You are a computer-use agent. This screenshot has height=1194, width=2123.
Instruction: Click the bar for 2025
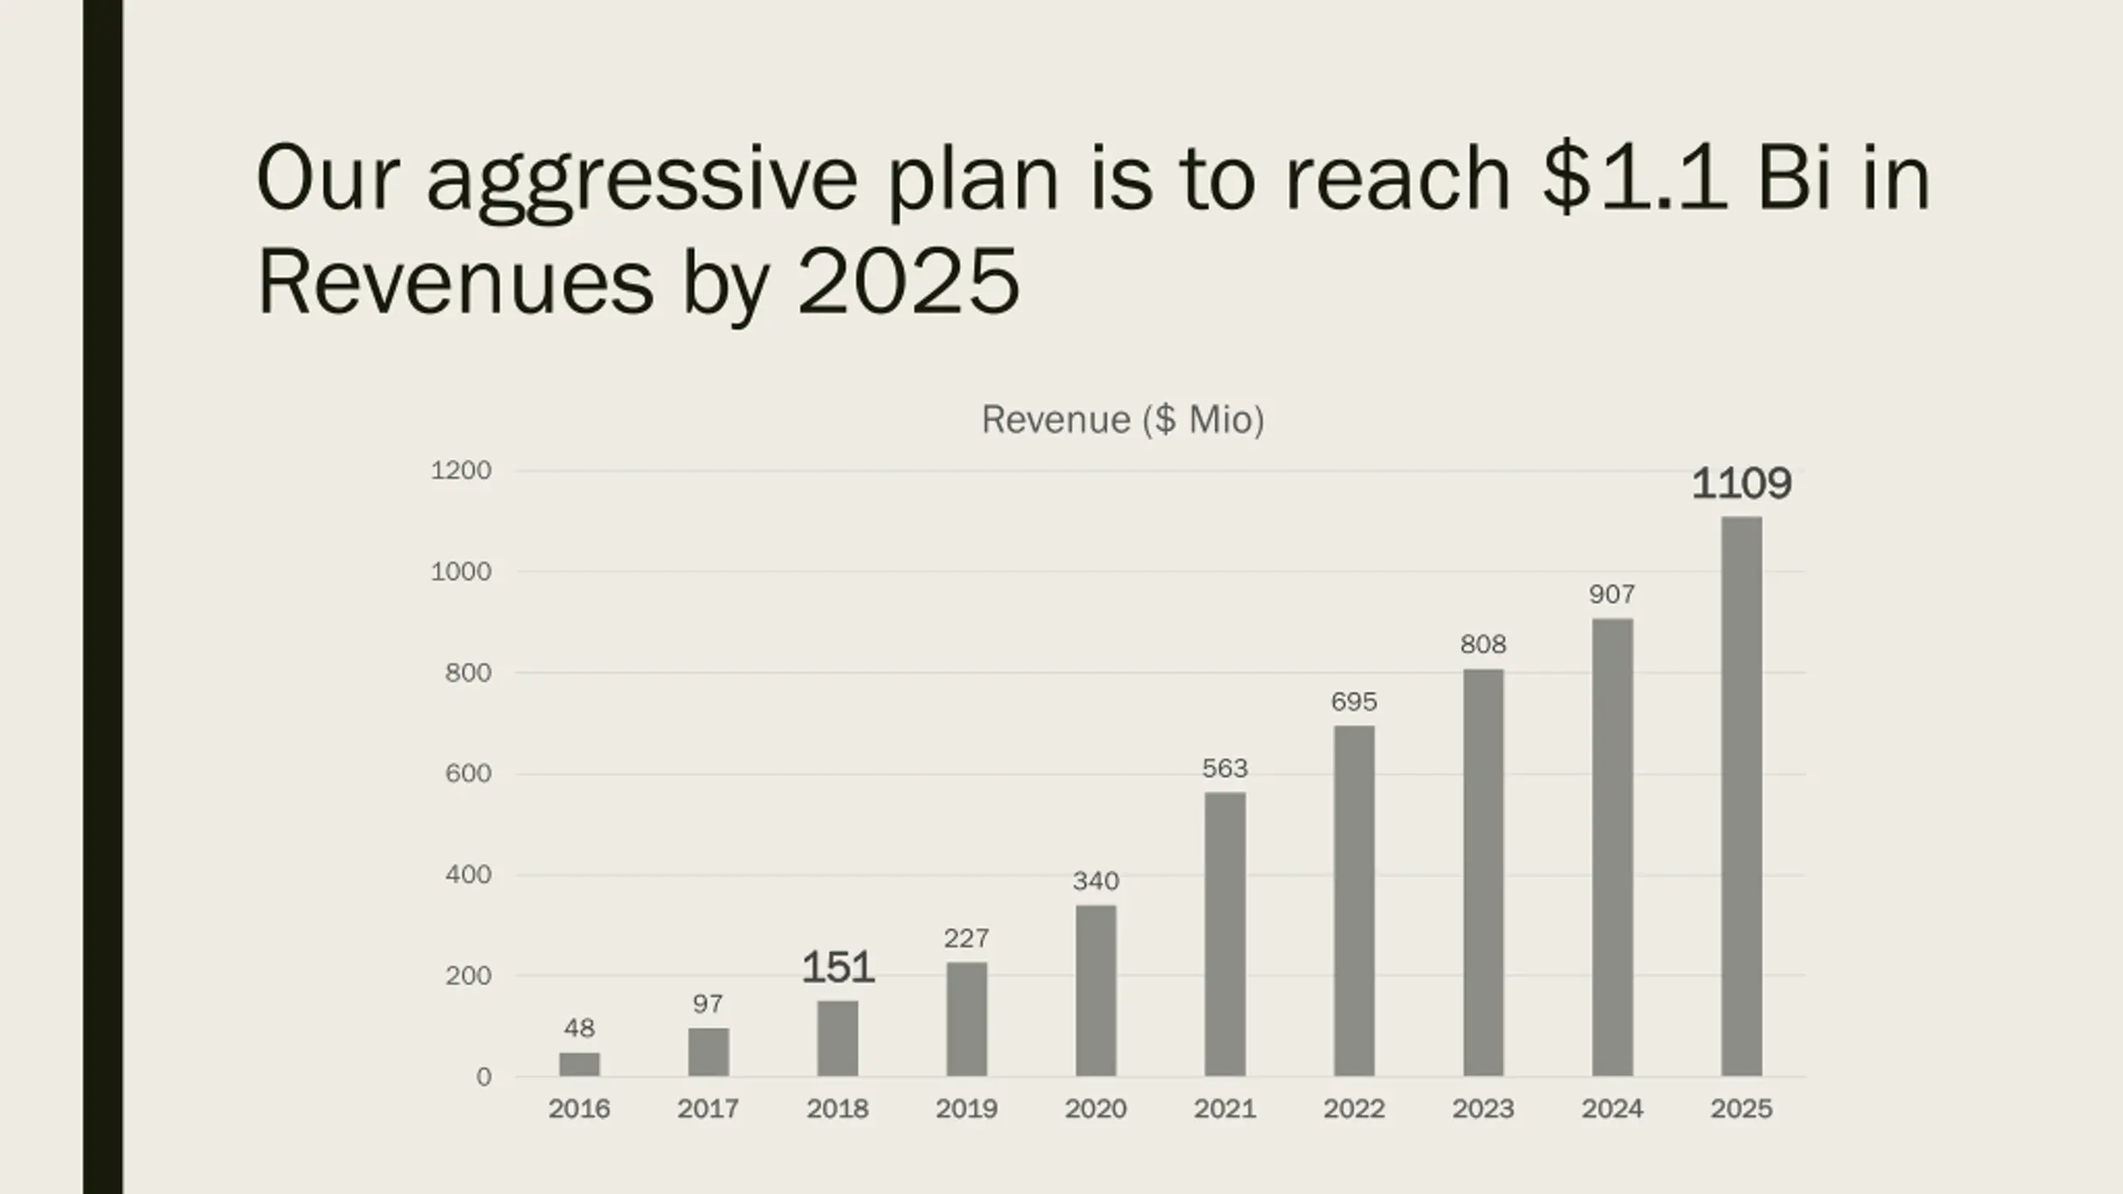pyautogui.click(x=1741, y=796)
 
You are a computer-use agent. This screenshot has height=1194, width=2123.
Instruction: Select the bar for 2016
pyautogui.click(x=579, y=1065)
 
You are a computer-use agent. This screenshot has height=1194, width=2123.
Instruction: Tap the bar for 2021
pyautogui.click(x=1224, y=934)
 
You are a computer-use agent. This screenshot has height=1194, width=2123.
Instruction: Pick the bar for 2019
pyautogui.click(x=966, y=1019)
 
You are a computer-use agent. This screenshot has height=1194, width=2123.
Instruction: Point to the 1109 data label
pyautogui.click(x=1741, y=483)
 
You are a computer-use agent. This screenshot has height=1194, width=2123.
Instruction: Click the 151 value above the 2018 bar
pyautogui.click(x=838, y=968)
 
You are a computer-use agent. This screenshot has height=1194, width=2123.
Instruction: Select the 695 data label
pyautogui.click(x=1353, y=702)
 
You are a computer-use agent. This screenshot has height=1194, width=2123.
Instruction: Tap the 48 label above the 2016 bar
pyautogui.click(x=579, y=1028)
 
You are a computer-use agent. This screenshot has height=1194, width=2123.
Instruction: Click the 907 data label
pyautogui.click(x=1611, y=594)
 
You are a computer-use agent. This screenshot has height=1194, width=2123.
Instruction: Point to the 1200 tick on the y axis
pyautogui.click(x=461, y=471)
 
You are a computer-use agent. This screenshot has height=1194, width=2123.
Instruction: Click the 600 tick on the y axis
pyautogui.click(x=469, y=774)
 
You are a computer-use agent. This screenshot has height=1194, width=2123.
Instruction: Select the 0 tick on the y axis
pyautogui.click(x=483, y=1077)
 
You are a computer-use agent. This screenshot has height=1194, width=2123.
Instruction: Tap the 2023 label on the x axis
pyautogui.click(x=1483, y=1109)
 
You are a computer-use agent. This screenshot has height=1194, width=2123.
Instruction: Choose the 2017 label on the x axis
pyautogui.click(x=707, y=1109)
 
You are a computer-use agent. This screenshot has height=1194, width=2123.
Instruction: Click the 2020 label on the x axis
pyautogui.click(x=1096, y=1109)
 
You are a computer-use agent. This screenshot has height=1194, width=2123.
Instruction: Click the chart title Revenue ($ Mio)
pyautogui.click(x=1123, y=420)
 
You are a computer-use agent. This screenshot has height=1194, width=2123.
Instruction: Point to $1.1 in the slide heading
pyautogui.click(x=1635, y=177)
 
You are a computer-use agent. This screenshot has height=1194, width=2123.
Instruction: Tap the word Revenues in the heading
pyautogui.click(x=455, y=282)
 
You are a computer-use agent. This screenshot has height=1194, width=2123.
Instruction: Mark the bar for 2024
pyautogui.click(x=1611, y=847)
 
